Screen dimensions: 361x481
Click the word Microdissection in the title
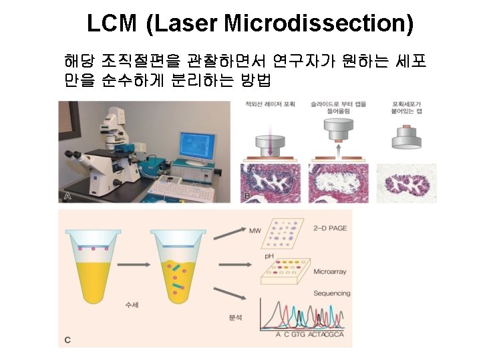click(317, 24)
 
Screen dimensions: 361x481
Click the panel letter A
click(67, 196)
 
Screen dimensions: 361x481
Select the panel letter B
click(247, 196)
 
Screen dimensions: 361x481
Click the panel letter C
click(67, 340)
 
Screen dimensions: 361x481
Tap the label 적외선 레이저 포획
click(270, 104)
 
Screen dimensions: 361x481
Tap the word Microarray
click(329, 272)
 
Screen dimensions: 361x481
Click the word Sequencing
click(332, 293)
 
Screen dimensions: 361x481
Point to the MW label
click(255, 231)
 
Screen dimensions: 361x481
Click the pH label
click(270, 256)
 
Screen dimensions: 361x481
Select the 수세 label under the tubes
click(132, 305)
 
